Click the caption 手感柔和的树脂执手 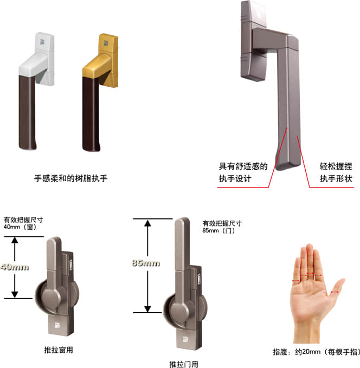70,178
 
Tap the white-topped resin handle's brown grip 27,112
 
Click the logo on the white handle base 42,42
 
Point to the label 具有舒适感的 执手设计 243,172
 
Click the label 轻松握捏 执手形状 336,172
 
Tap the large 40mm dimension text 15,267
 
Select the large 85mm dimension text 146,263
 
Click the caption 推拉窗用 59,350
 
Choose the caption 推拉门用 184,364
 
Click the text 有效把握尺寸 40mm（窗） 23,223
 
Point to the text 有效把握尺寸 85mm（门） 222,227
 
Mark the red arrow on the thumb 335,292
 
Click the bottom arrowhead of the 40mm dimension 15,294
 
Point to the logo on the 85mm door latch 185,339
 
